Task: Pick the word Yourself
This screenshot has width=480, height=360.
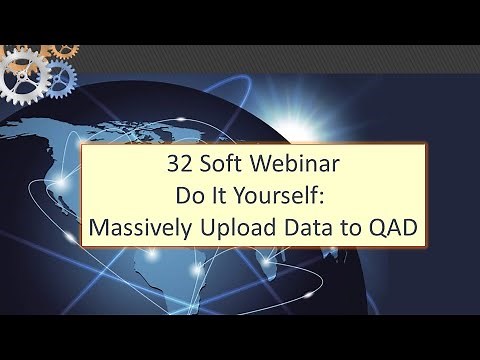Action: pyautogui.click(x=271, y=197)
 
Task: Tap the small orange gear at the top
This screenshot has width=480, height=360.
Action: pyautogui.click(x=64, y=46)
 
